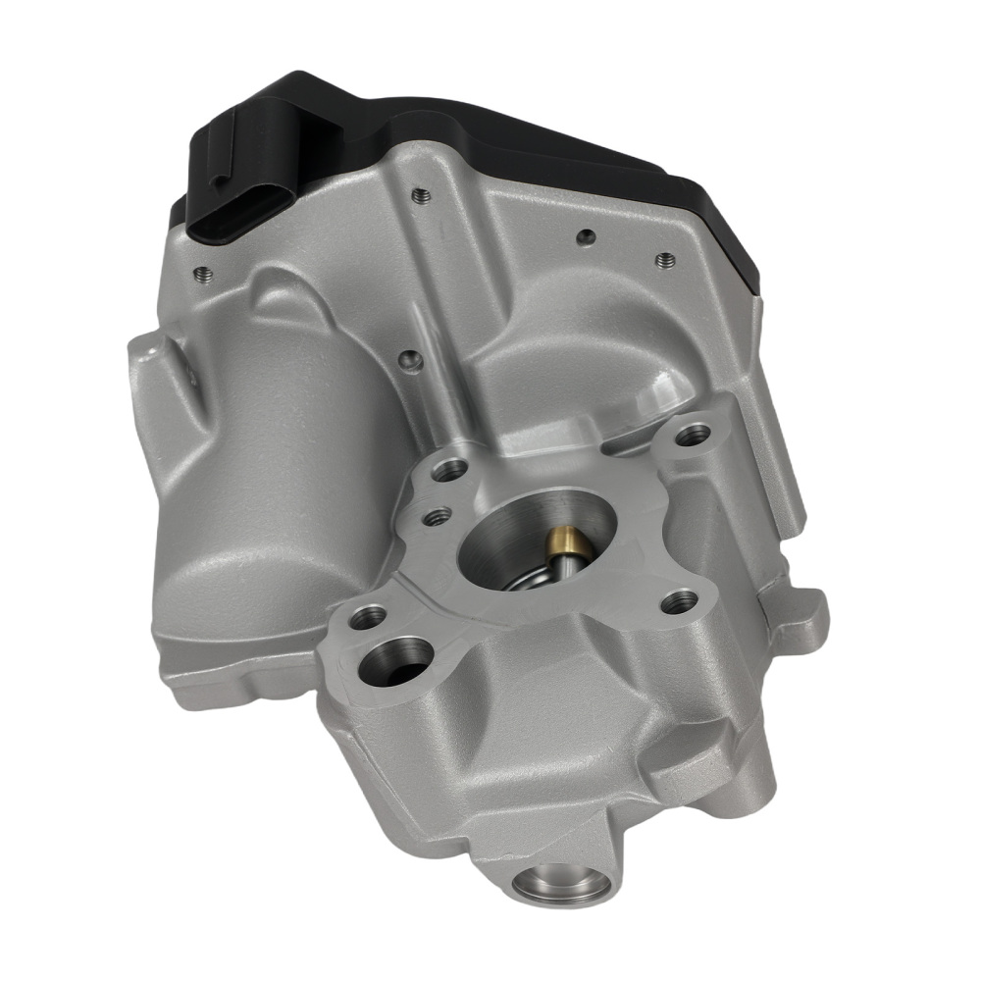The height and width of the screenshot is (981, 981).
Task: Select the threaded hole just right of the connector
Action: [420, 192]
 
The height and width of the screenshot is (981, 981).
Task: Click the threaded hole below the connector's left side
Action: [203, 272]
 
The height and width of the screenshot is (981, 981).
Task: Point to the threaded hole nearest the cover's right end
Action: [664, 261]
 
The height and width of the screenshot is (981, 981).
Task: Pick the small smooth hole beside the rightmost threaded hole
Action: [585, 235]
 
